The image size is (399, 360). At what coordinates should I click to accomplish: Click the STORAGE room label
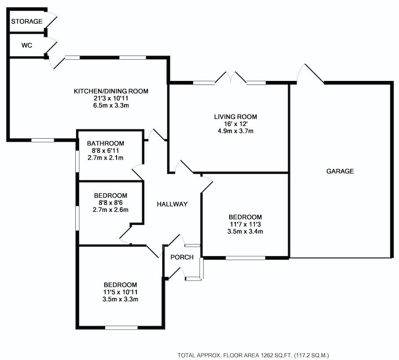pos(27,22)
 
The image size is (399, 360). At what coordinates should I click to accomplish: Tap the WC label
pos(27,45)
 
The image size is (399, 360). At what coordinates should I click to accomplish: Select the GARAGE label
pos(340,171)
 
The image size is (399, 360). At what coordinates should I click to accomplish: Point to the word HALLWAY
pos(172,204)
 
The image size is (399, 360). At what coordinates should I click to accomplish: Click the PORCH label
pos(182,257)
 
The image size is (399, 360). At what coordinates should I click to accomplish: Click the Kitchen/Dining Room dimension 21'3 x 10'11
pos(111,98)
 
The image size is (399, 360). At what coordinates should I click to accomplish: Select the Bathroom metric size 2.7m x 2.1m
pos(105,158)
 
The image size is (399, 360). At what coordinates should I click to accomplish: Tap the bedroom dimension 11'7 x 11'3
pos(245,224)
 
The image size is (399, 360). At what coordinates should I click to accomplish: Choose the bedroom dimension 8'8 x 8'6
pos(110,202)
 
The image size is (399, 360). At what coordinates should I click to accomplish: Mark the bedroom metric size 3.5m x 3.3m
pos(121,299)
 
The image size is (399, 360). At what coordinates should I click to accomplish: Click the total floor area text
pos(253,355)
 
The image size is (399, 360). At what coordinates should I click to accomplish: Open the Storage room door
pos(51,20)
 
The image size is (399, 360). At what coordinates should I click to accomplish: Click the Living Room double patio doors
pos(231,77)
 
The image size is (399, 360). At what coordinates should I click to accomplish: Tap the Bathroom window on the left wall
pos(77,162)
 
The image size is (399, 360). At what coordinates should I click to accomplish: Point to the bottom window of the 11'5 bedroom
pos(121,328)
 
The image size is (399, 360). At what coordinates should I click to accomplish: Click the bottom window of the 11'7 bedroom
pos(245,258)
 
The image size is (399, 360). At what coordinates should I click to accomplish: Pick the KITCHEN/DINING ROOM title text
pos(111,91)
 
